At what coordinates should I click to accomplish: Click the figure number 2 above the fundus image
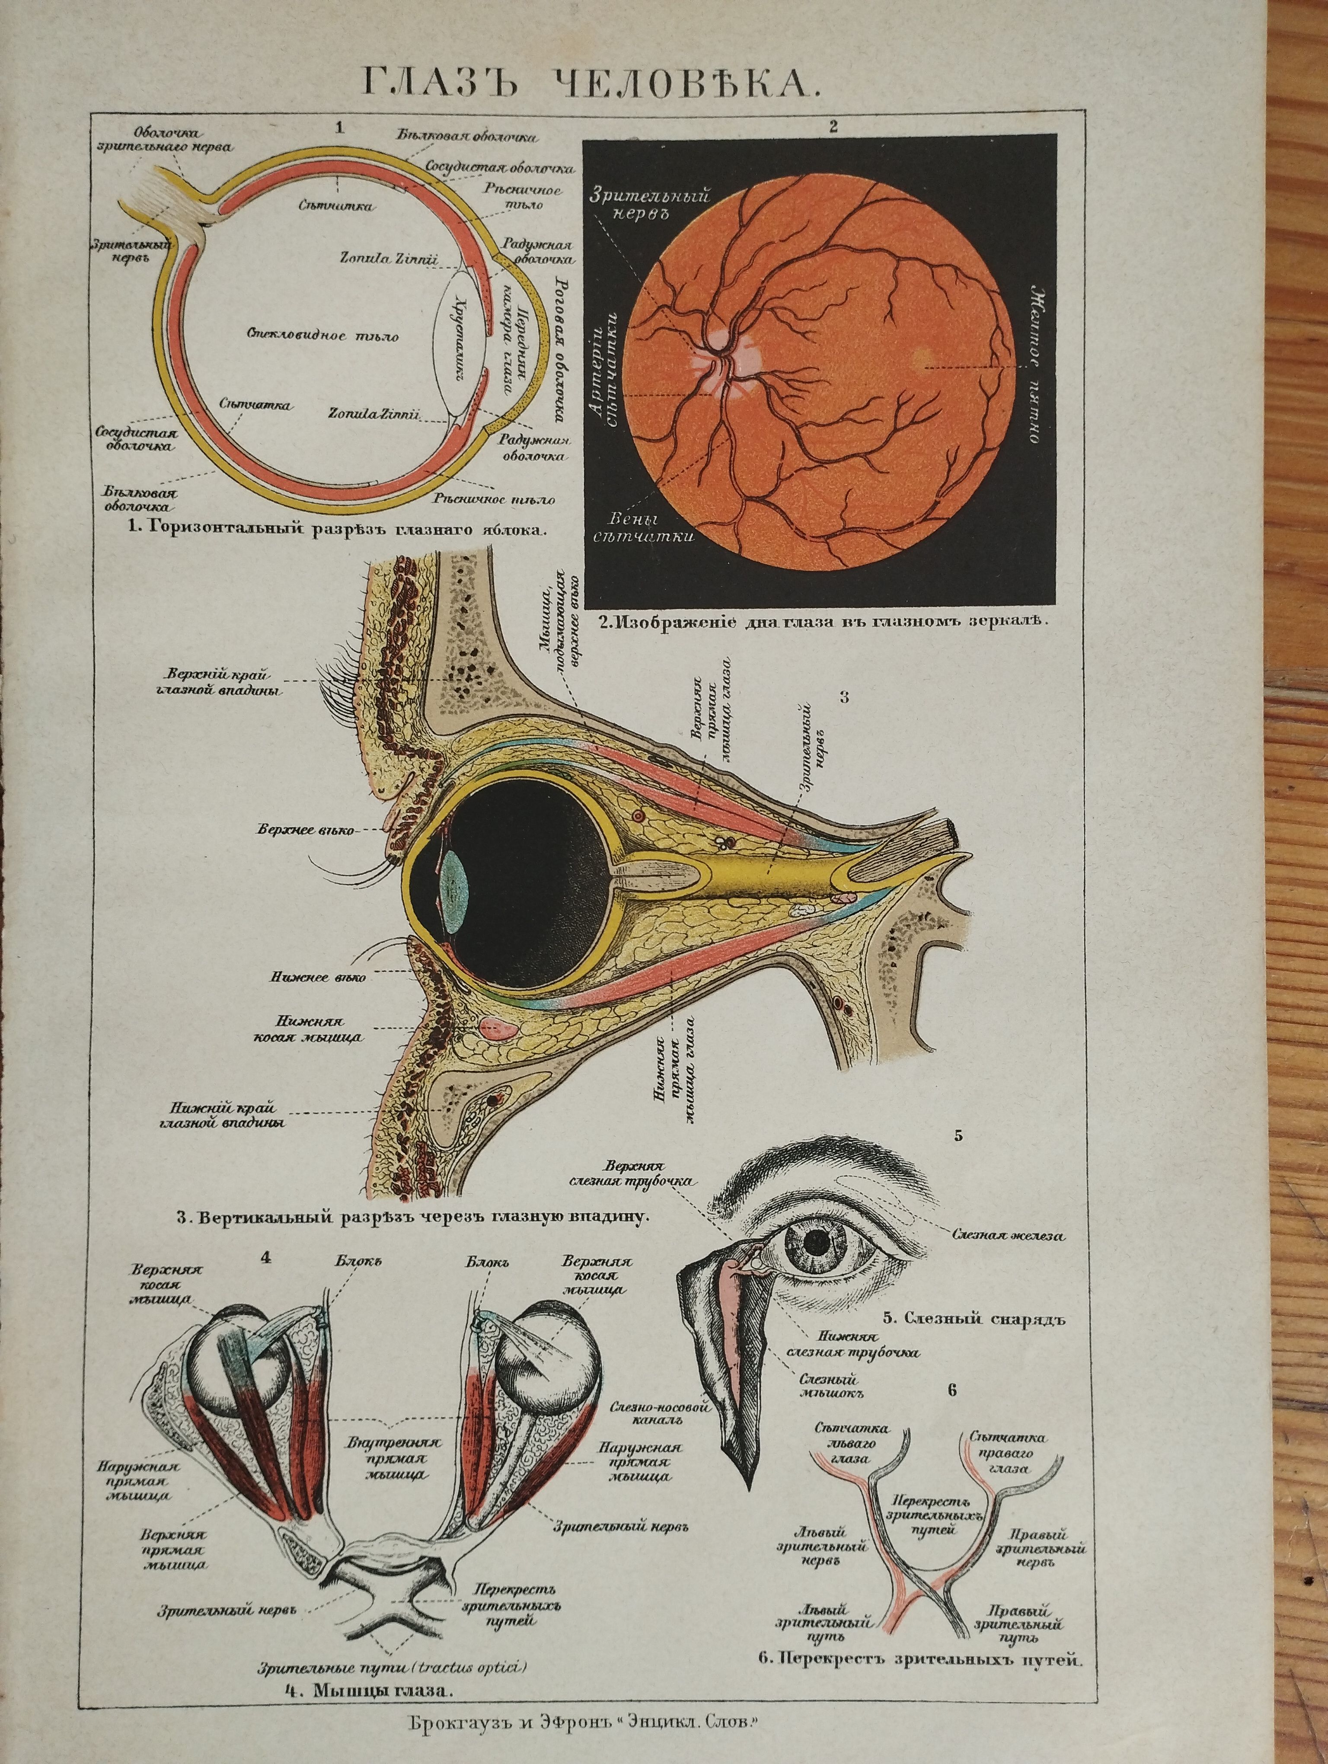[834, 125]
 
